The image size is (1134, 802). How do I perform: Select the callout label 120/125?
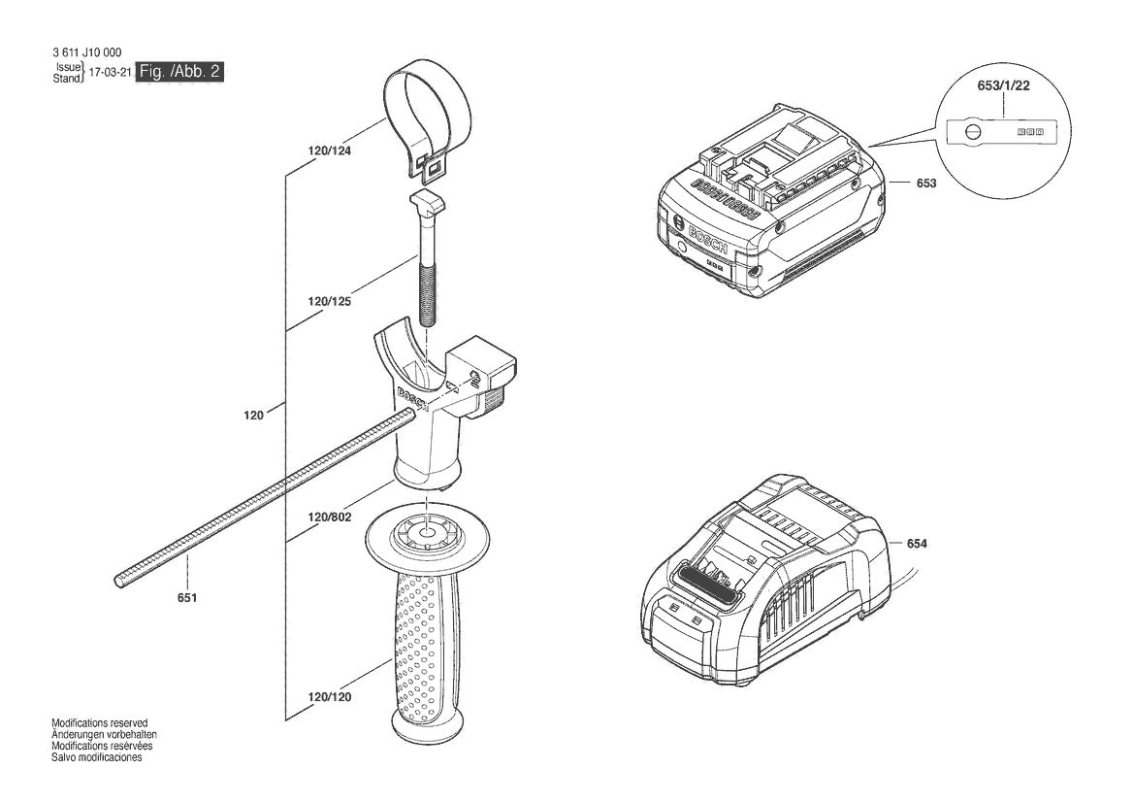(329, 302)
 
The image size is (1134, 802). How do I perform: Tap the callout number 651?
(187, 597)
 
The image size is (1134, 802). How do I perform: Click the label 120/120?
(329, 697)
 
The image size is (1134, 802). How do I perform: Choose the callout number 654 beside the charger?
(917, 544)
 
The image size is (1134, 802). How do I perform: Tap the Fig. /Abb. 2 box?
(181, 71)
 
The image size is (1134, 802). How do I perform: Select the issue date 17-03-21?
(110, 73)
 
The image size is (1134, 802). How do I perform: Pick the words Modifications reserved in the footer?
(99, 723)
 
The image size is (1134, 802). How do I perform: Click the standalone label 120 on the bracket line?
(253, 415)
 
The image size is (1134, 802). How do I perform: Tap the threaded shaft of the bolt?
(428, 286)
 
